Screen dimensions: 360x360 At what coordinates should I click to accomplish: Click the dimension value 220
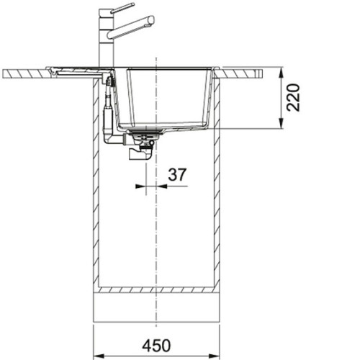point(294,97)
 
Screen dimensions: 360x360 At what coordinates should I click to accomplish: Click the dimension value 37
point(177,175)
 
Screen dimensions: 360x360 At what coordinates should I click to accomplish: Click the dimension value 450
point(156,346)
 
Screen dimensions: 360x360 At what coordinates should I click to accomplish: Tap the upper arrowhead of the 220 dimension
point(282,72)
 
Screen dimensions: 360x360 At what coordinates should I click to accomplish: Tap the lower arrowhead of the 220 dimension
point(282,124)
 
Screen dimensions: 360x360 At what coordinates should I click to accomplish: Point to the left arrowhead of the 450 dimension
point(99,356)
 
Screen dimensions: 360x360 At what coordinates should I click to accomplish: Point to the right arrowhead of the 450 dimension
point(214,356)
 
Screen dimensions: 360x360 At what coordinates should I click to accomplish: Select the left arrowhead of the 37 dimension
point(140,186)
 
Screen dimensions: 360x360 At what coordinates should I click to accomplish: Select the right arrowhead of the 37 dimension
point(161,186)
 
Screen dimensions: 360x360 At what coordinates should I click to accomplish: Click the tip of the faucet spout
point(151,20)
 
